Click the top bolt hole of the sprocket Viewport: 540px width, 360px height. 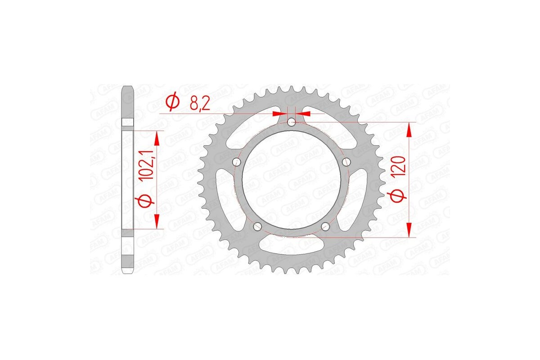[x=291, y=121]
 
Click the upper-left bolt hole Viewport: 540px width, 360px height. [x=235, y=162]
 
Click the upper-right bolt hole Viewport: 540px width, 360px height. [x=346, y=162]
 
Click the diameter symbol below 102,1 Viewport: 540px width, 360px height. [x=145, y=202]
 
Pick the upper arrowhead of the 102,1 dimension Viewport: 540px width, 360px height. [x=157, y=138]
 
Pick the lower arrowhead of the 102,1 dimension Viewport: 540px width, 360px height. [x=157, y=220]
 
